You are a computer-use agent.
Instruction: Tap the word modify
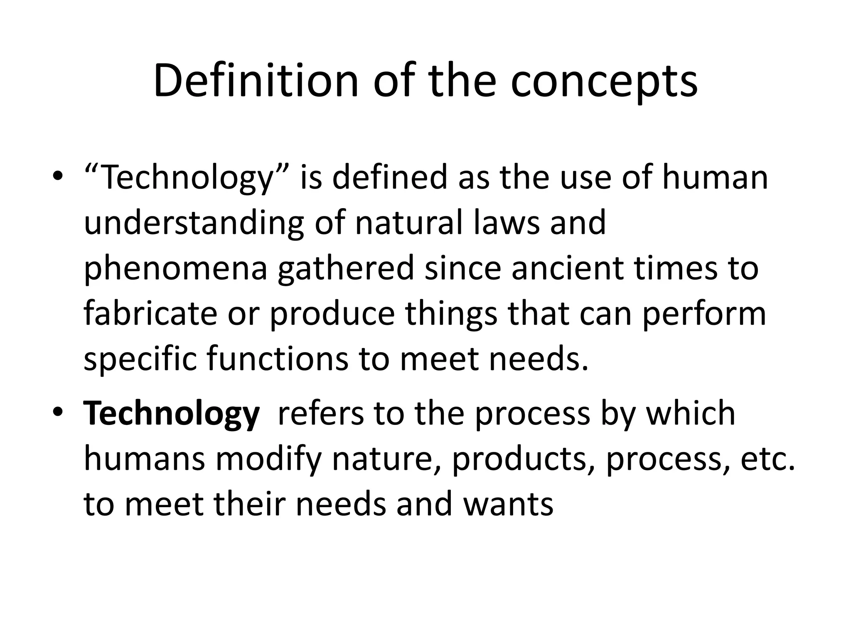coord(268,459)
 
